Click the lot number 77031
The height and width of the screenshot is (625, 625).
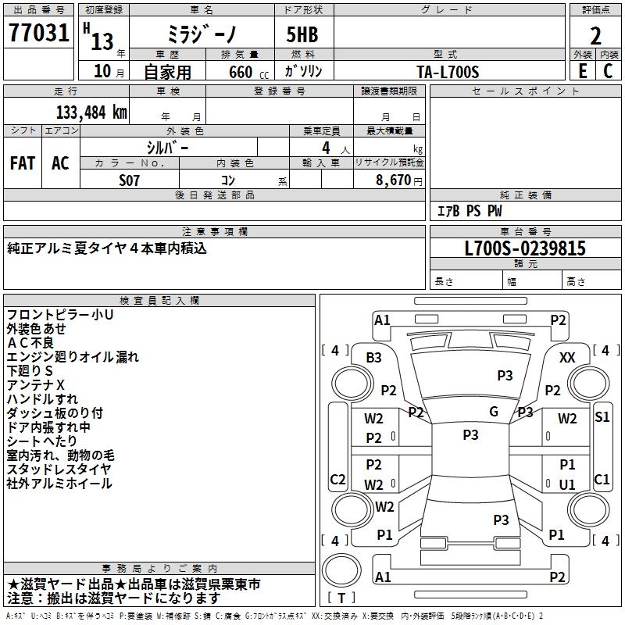(39, 34)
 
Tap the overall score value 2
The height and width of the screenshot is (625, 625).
(595, 36)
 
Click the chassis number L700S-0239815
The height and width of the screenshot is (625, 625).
(525, 248)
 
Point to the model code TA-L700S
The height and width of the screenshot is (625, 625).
(448, 71)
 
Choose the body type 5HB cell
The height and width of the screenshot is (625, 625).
(304, 35)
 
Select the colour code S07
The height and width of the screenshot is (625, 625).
(130, 180)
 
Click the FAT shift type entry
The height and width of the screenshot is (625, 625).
(23, 163)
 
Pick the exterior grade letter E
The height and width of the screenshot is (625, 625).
(582, 71)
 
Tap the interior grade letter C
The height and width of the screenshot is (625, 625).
(609, 71)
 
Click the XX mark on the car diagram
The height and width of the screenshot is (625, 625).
(568, 357)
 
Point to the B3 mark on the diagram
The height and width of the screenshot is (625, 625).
(373, 357)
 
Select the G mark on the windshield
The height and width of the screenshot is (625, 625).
(494, 412)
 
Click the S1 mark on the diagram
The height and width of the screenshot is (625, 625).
(602, 417)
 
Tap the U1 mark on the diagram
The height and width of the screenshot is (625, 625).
(567, 484)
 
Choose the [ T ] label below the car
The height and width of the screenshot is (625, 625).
(341, 598)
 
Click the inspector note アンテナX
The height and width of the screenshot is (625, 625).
(36, 385)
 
